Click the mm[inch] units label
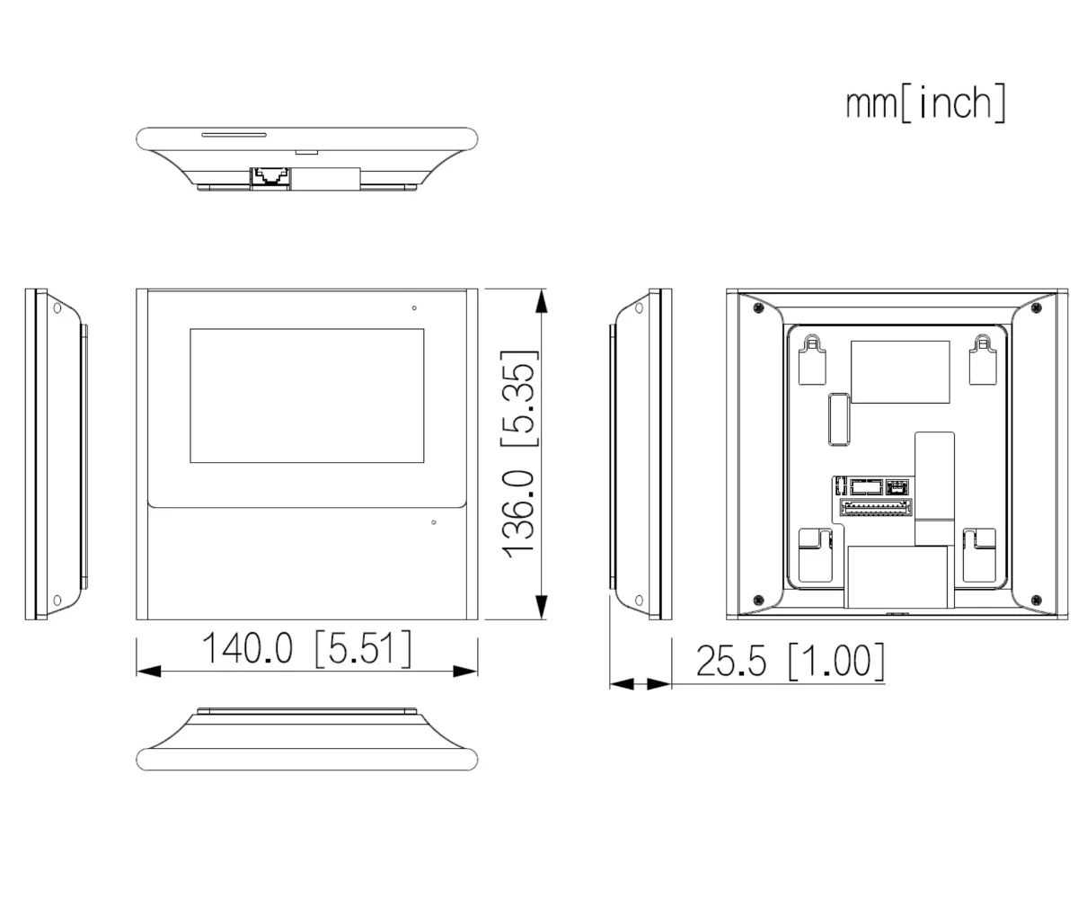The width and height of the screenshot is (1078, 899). pos(925,103)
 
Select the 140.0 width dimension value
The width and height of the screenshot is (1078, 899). pos(247,649)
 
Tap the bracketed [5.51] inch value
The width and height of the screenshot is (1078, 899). pos(364,649)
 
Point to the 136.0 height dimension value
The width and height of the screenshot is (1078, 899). pos(520,512)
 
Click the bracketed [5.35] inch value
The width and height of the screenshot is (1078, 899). pos(520,398)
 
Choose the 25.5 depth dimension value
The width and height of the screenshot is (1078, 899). pos(731,662)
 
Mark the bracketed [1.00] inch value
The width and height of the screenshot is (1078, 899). pos(835,662)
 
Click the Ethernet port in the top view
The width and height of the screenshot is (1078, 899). pos(270,176)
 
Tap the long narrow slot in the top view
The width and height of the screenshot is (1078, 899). pos(234,135)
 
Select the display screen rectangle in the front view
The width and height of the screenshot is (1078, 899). pos(306,396)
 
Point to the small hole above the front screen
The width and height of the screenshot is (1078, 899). pos(414,308)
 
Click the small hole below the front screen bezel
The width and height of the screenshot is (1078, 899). pos(434,522)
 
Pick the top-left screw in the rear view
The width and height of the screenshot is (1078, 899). pos(758,308)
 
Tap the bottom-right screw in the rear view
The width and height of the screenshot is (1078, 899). pos(1036,600)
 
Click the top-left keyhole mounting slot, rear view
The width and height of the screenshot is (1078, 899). pos(812,359)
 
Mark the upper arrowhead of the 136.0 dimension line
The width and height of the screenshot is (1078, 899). pos(541,301)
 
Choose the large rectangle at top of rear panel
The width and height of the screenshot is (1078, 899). pos(900,371)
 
